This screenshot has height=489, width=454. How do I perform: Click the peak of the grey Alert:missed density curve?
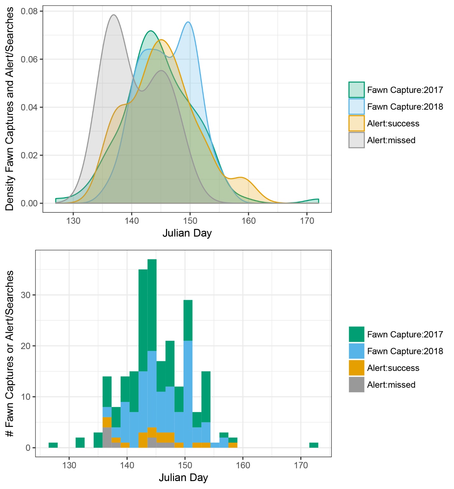pyautogui.click(x=114, y=15)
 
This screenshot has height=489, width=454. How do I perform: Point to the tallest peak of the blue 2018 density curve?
pyautogui.click(x=188, y=22)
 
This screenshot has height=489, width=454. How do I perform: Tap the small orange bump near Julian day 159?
pyautogui.click(x=242, y=178)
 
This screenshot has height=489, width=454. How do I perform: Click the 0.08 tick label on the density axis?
pyautogui.click(x=29, y=11)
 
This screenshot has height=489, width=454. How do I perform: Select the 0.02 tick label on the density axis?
pyautogui.click(x=29, y=155)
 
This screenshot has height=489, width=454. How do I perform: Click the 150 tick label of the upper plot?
pyautogui.click(x=190, y=221)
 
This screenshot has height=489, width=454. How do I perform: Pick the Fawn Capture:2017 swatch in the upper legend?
pyautogui.click(x=356, y=90)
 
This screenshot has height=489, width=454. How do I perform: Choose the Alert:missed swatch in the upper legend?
pyautogui.click(x=356, y=140)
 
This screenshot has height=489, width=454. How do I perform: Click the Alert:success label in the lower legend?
pyautogui.click(x=393, y=368)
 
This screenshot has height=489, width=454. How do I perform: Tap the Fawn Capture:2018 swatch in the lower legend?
pyautogui.click(x=356, y=351)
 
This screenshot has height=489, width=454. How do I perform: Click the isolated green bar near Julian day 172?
pyautogui.click(x=314, y=445)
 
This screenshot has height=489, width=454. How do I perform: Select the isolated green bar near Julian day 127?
pyautogui.click(x=53, y=445)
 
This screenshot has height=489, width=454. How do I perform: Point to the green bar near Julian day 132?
pyautogui.click(x=80, y=443)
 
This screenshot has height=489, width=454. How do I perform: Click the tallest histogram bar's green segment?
pyautogui.click(x=152, y=305)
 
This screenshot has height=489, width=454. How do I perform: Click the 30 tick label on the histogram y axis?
pyautogui.click(x=26, y=295)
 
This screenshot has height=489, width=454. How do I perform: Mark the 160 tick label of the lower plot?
pyautogui.click(x=243, y=466)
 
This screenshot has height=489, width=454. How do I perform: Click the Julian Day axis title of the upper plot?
pyautogui.click(x=187, y=233)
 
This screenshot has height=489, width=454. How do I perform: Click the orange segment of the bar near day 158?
pyautogui.click(x=233, y=445)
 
